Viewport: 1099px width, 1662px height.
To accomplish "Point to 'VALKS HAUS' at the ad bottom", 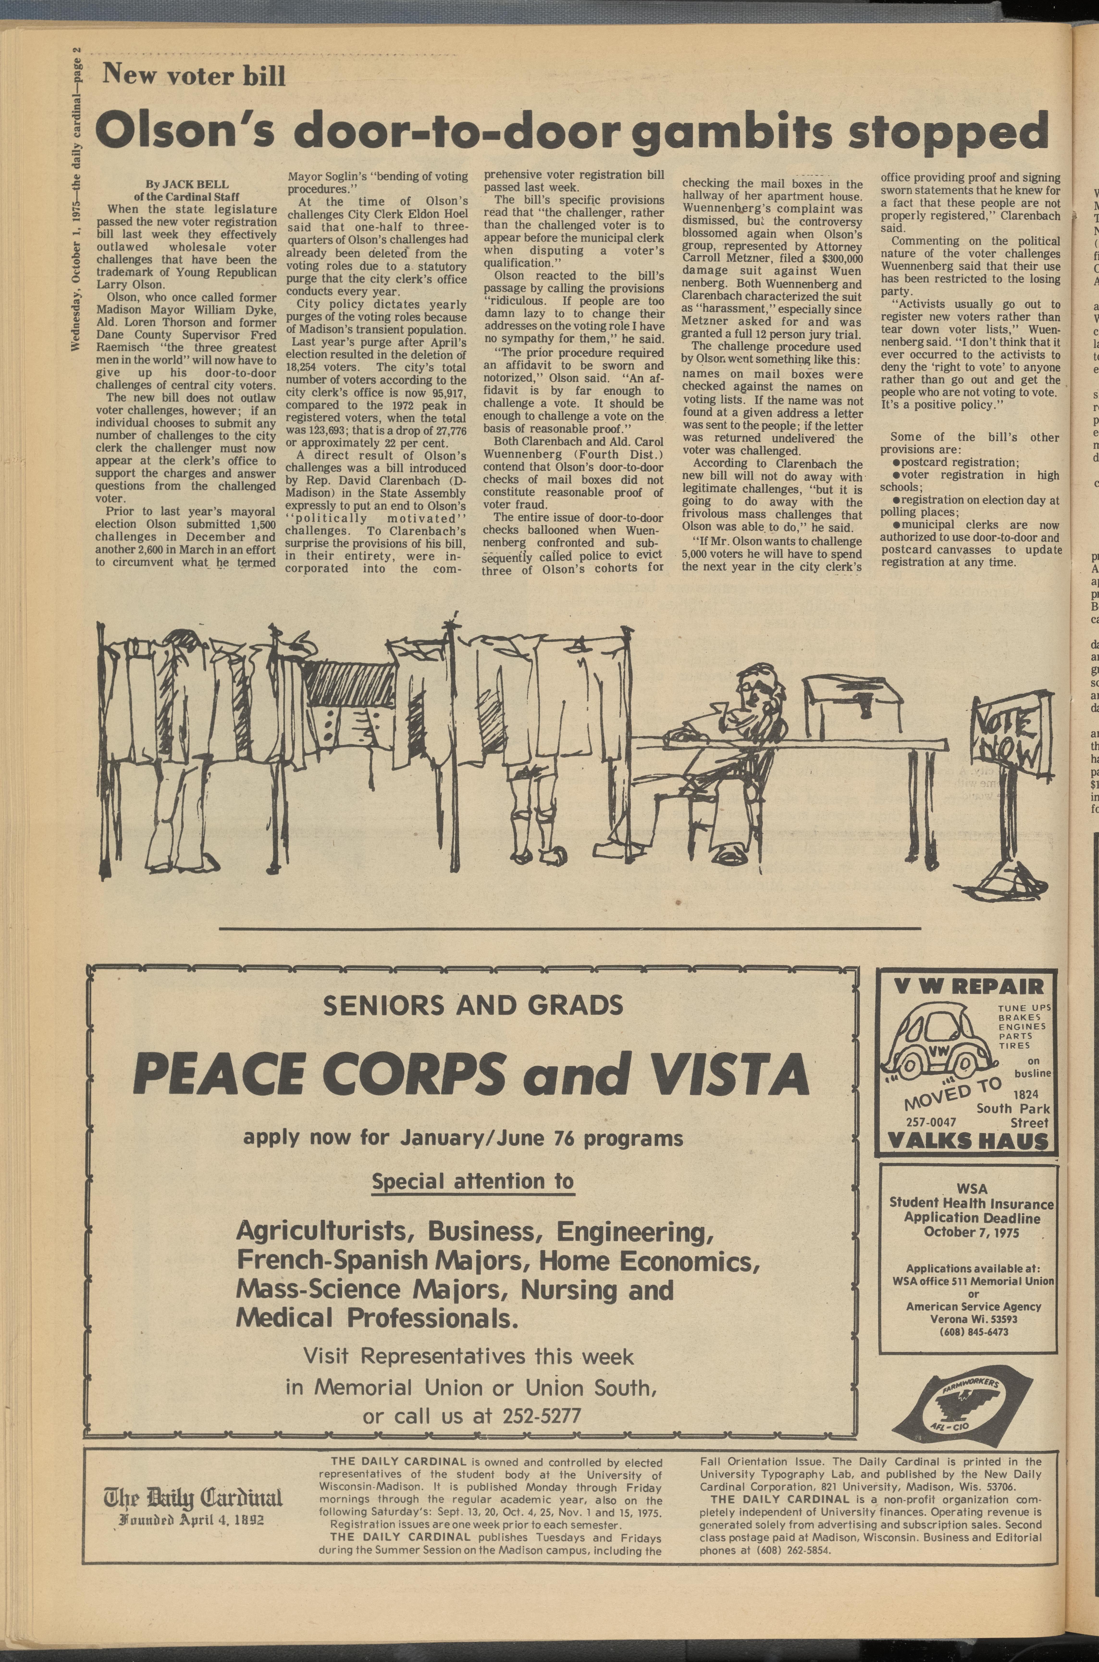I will click(x=968, y=1143).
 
